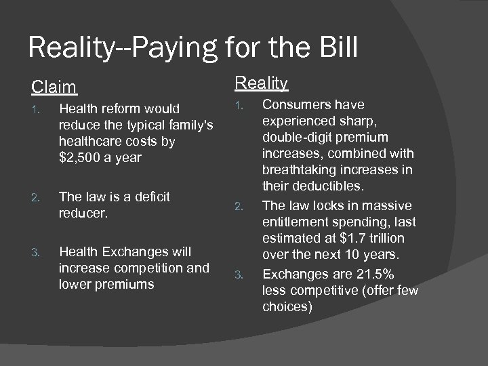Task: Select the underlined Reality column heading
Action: click(261, 83)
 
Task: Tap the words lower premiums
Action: click(106, 284)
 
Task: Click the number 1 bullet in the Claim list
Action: click(40, 109)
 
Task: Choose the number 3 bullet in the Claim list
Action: click(40, 251)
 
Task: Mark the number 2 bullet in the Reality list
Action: click(238, 206)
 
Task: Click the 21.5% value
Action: click(380, 273)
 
